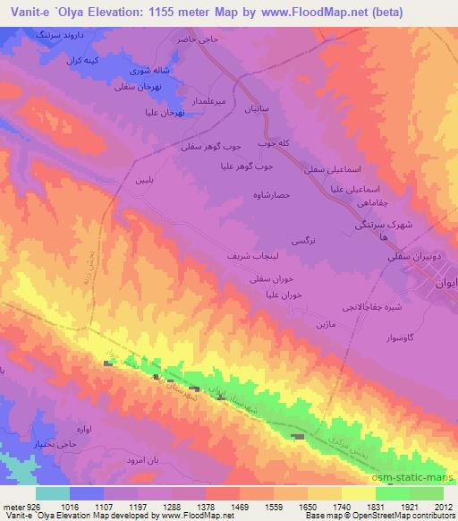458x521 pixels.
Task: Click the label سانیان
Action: [x=269, y=112]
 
